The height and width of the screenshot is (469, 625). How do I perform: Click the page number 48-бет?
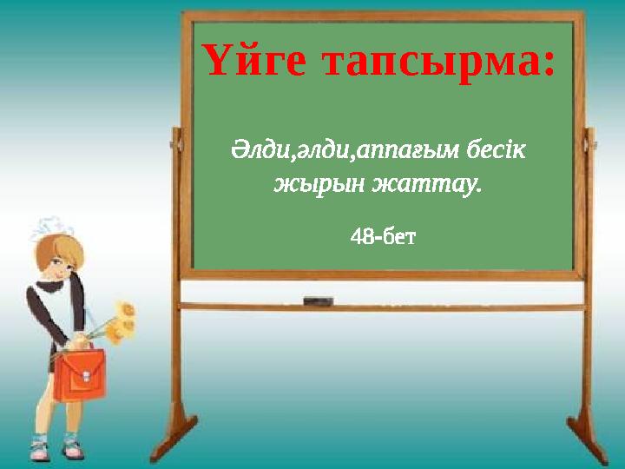(383, 236)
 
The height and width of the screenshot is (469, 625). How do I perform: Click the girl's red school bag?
(80, 374)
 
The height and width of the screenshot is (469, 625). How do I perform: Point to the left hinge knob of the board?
(176, 137)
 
